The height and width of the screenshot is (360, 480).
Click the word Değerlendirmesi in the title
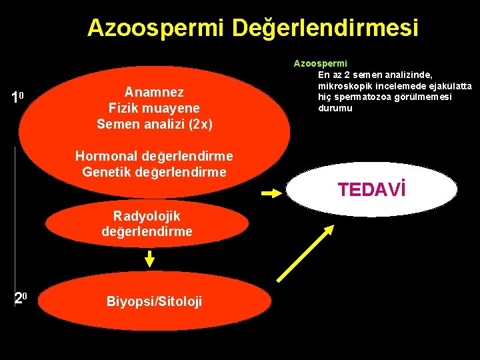(325, 28)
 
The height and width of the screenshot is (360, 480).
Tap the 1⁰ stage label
(17, 98)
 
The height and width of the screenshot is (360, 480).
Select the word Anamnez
(154, 92)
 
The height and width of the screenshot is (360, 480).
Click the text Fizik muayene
(154, 107)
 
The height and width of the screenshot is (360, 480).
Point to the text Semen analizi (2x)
(154, 123)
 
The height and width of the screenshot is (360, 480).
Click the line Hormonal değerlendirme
(154, 156)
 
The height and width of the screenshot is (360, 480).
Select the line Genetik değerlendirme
(154, 172)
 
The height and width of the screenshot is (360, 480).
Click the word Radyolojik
(147, 215)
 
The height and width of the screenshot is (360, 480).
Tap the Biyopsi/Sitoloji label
(154, 302)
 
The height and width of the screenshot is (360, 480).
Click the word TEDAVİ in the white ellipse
(371, 190)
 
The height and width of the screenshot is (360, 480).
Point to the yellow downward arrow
(150, 258)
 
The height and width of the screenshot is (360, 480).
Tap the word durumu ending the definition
(335, 108)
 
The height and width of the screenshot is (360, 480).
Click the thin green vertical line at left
(15, 200)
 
